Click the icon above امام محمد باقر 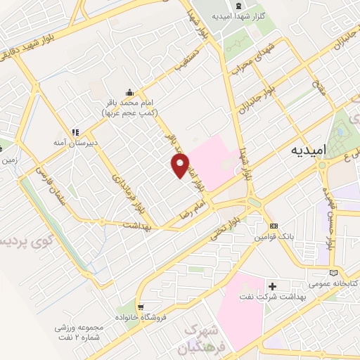(x=129, y=91)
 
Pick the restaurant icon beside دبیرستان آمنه (x=74, y=131)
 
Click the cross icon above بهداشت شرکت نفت (x=273, y=286)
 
